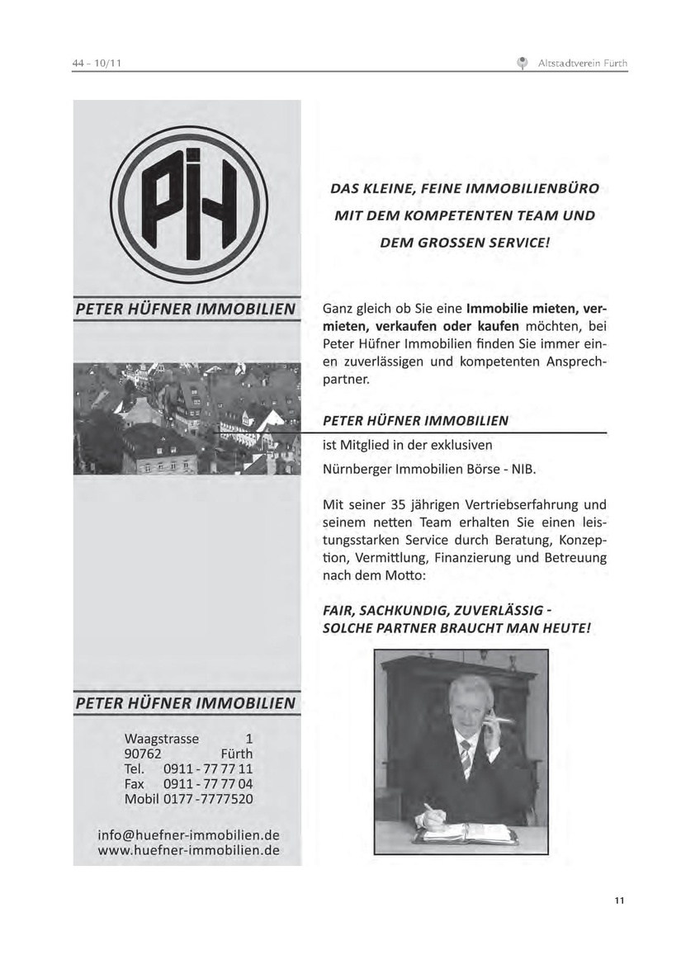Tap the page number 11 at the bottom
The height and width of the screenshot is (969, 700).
(x=619, y=900)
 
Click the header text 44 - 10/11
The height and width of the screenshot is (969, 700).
(x=97, y=63)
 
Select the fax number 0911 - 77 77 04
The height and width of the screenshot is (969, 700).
(x=208, y=784)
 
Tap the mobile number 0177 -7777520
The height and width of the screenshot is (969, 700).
(x=208, y=799)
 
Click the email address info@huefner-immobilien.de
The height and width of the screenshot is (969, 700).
(x=188, y=834)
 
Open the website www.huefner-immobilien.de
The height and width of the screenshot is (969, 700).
(x=188, y=849)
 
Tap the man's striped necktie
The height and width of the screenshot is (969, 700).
(x=466, y=758)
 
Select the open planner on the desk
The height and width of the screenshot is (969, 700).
(x=466, y=833)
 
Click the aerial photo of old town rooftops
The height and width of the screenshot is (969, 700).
(x=187, y=418)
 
